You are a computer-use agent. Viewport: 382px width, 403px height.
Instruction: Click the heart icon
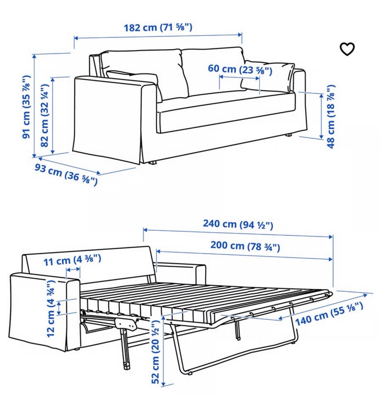tap(347, 49)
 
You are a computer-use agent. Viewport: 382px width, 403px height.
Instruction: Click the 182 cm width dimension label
tap(158, 27)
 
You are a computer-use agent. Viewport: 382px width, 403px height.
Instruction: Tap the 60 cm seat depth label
tap(240, 69)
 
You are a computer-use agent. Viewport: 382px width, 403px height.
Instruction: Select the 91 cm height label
tap(26, 107)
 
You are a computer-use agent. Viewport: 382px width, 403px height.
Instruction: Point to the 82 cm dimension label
tap(45, 115)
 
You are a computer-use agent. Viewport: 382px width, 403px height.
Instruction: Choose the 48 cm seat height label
tap(331, 116)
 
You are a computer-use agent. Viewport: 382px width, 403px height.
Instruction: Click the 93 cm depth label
tap(66, 174)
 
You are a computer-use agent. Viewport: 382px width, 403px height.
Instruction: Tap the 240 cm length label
tap(238, 224)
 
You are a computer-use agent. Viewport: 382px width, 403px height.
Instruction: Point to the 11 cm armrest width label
tap(72, 260)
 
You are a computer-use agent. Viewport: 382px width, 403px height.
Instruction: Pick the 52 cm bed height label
tap(156, 352)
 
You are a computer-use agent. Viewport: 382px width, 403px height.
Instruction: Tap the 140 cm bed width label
tap(329, 314)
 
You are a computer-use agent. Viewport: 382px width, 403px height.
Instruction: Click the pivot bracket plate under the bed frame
tap(126, 323)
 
